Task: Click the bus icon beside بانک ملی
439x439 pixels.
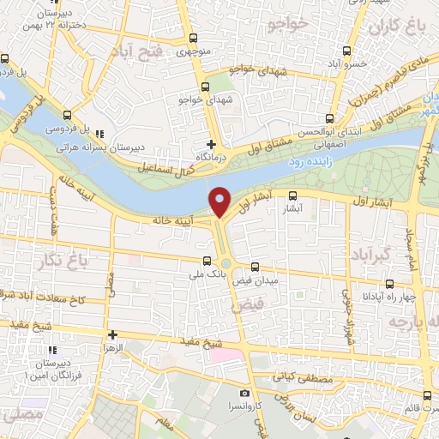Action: pos(206,262)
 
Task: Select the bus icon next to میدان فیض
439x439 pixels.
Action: pos(256,267)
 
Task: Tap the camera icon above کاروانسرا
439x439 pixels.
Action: pos(245,393)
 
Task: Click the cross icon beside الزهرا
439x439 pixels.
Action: pos(113,334)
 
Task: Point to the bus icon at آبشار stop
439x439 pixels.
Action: pos(293,195)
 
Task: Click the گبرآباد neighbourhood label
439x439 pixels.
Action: pos(371,256)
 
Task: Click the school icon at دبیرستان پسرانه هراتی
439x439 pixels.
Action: pos(101,135)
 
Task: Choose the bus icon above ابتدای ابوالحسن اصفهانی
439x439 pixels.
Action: pos(330,119)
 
